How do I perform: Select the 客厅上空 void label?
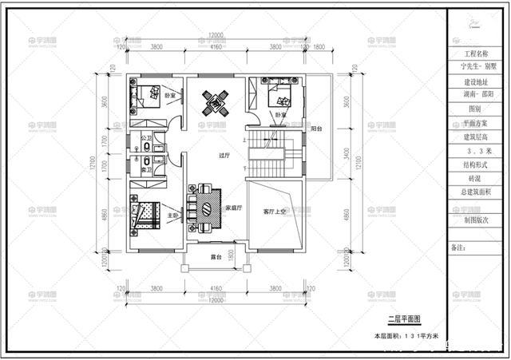pyautogui.click(x=275, y=211)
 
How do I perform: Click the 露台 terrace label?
pyautogui.click(x=216, y=258)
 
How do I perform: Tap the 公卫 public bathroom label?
pyautogui.click(x=145, y=138)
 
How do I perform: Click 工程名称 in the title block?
pyautogui.click(x=478, y=55)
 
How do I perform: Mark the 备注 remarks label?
pyautogui.click(x=458, y=247)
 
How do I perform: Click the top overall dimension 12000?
pyautogui.click(x=216, y=36)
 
